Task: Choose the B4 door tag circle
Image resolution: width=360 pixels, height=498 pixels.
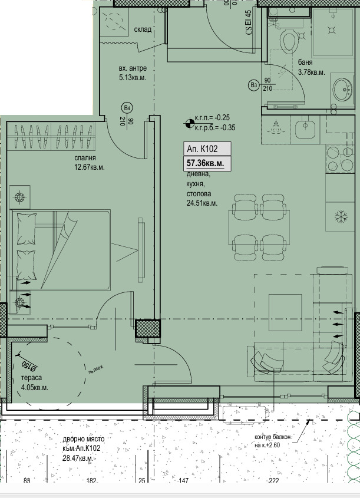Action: pyautogui.click(x=125, y=108)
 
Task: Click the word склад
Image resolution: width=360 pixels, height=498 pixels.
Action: pyautogui.click(x=143, y=29)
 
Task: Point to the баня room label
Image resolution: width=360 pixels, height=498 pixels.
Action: pyautogui.click(x=305, y=62)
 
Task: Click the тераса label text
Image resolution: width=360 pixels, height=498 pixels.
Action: pyautogui.click(x=31, y=378)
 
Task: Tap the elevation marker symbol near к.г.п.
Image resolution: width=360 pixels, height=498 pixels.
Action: pyautogui.click(x=188, y=123)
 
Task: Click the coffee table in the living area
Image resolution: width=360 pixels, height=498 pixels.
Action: pyautogui.click(x=286, y=311)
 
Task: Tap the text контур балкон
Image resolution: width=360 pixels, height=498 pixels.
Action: pyautogui.click(x=273, y=437)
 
